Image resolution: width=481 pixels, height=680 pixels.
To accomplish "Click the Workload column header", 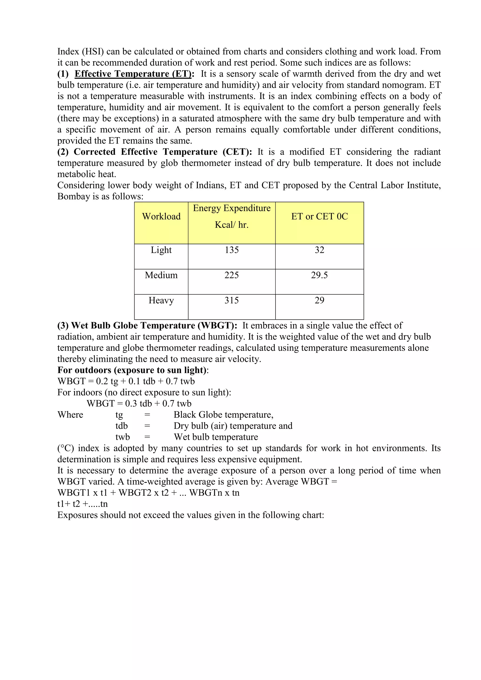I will tap(161, 216).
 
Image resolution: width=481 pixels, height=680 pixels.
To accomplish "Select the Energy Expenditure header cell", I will tap(232, 216).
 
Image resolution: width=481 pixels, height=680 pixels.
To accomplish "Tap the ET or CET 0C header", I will tap(319, 216).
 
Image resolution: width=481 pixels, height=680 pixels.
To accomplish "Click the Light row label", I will tap(161, 250).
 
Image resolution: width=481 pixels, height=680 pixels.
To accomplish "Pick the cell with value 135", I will tap(232, 250).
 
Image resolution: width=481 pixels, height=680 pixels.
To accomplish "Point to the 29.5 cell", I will tap(319, 275).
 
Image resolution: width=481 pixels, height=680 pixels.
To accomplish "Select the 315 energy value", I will tap(232, 300).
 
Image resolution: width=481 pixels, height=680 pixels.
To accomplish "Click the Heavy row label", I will tap(161, 300).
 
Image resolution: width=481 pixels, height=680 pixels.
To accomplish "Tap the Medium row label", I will tap(161, 275).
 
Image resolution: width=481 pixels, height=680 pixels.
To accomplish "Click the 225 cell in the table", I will tap(232, 275).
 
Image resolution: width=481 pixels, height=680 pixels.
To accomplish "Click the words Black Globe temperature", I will tap(223, 415).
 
